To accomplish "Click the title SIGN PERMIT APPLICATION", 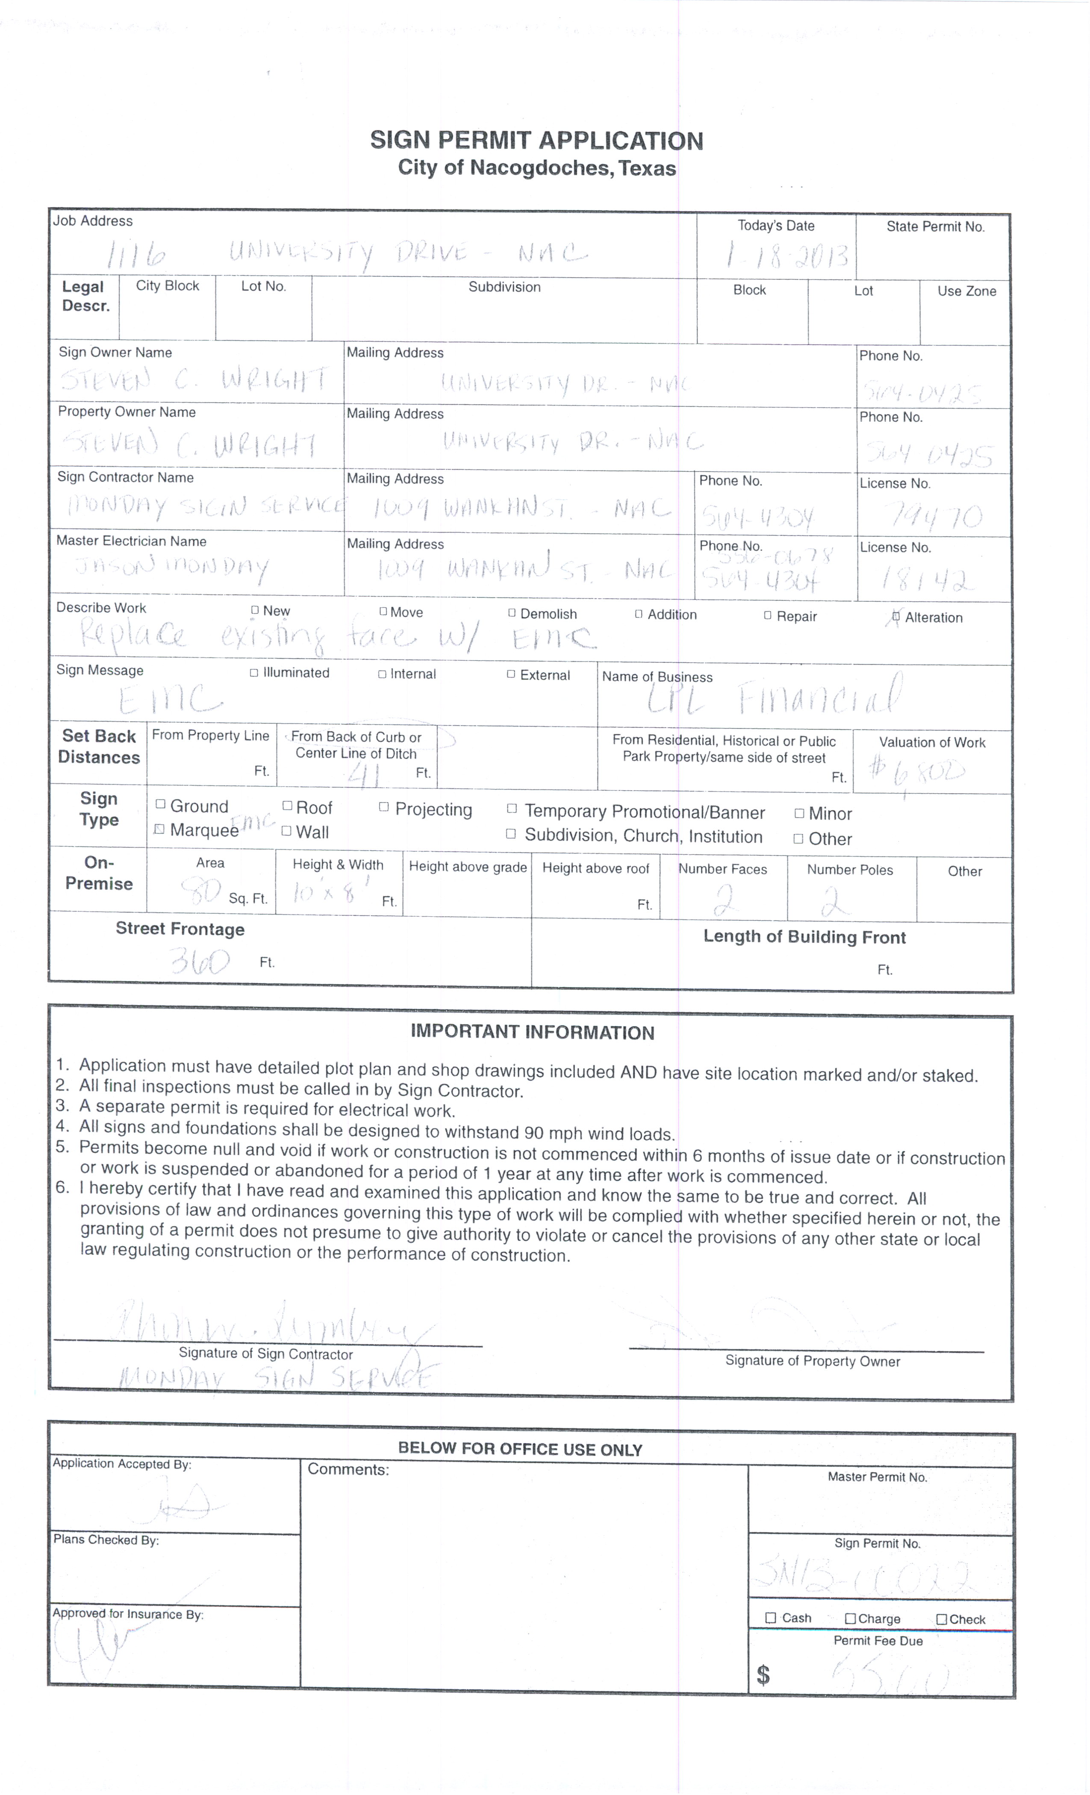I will (536, 141).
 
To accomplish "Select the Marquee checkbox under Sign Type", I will (159, 829).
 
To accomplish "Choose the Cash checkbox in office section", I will (771, 1618).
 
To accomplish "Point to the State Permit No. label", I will (935, 227).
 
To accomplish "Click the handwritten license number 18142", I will (924, 580).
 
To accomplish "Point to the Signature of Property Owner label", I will (813, 1361).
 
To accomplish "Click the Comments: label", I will (348, 1469).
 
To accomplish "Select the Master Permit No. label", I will (877, 1477).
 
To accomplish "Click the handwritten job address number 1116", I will (136, 255).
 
